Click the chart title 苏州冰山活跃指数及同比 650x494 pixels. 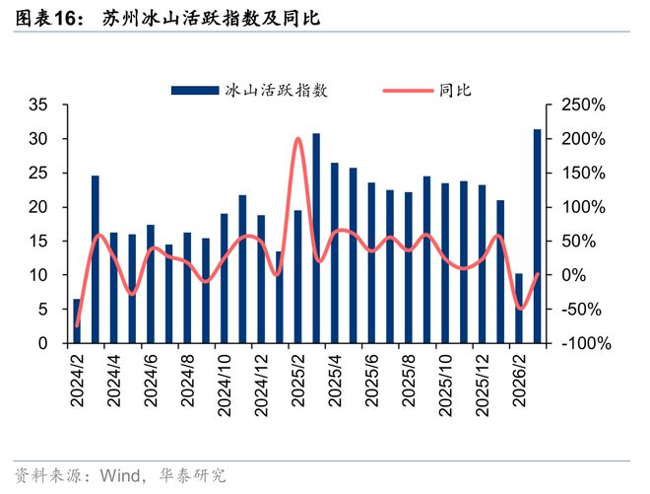tap(211, 19)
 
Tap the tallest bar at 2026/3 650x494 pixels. tap(538, 237)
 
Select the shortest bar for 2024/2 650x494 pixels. tap(77, 321)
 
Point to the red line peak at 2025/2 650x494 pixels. tap(298, 139)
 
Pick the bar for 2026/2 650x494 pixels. tap(519, 309)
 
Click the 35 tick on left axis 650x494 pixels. tap(39, 106)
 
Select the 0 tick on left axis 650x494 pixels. tap(44, 344)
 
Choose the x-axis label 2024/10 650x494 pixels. tap(225, 381)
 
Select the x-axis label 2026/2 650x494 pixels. tap(519, 381)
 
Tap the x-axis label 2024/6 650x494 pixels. tap(151, 381)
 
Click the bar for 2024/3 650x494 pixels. tap(96, 260)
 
